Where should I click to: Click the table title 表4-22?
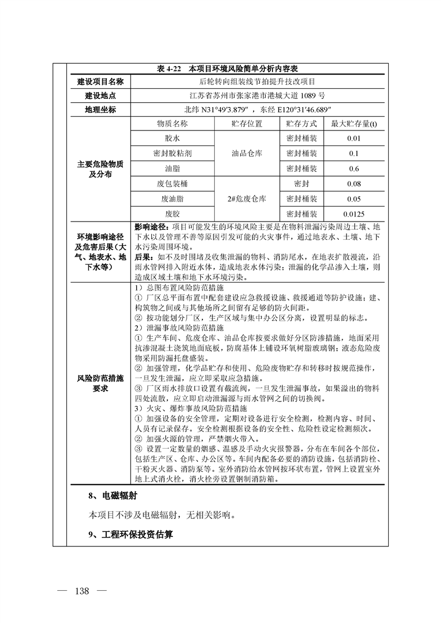[228, 69]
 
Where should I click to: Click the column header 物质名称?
[172, 123]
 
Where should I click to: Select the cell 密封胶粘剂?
[172, 153]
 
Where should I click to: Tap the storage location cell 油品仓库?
[246, 153]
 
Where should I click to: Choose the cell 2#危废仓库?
[246, 198]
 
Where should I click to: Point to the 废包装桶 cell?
[172, 183]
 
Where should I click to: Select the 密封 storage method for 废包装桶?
[301, 183]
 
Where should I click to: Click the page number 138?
[81, 590]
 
